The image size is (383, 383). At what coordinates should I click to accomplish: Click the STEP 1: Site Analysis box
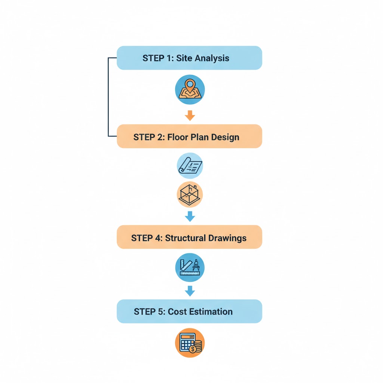coord(189,58)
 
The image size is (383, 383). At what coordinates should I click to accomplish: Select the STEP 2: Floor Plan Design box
coord(189,137)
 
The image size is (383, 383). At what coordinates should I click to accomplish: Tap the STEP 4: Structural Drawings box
coord(189,237)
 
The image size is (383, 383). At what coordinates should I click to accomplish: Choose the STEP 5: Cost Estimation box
coord(189,311)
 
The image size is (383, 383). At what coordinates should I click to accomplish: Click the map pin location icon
coord(190,89)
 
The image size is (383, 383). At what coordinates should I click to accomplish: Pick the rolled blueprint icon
coord(190,165)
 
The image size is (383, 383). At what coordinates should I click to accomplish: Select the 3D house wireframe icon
coord(190,194)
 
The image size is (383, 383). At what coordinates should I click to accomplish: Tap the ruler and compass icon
coord(190,268)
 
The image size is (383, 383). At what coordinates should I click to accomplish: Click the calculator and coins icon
coord(190,343)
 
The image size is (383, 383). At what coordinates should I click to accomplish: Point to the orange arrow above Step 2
coord(190,115)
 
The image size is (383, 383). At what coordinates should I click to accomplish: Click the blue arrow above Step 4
coord(190,216)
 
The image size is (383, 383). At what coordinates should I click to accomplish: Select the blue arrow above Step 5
coord(190,291)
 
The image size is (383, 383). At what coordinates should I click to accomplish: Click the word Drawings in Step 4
coord(226,238)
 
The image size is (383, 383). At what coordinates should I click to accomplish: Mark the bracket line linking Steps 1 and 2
coord(108,97)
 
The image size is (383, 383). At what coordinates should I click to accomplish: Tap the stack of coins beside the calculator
coord(197,347)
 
